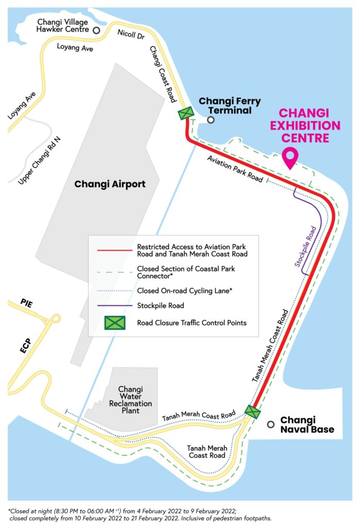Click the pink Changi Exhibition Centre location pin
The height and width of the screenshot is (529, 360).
click(290, 158)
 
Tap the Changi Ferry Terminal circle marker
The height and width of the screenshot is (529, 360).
click(211, 120)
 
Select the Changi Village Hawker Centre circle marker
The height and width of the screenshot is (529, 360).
click(96, 30)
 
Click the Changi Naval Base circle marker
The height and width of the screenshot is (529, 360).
click(270, 424)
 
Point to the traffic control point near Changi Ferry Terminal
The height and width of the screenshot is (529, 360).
click(185, 114)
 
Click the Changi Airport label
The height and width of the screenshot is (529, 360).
click(110, 184)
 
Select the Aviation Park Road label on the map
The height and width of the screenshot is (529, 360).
click(234, 168)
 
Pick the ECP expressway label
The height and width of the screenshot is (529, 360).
click(26, 346)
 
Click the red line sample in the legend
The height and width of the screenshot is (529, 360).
click(114, 251)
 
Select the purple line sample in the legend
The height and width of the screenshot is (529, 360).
click(114, 306)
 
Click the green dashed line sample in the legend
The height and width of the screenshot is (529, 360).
click(114, 269)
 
